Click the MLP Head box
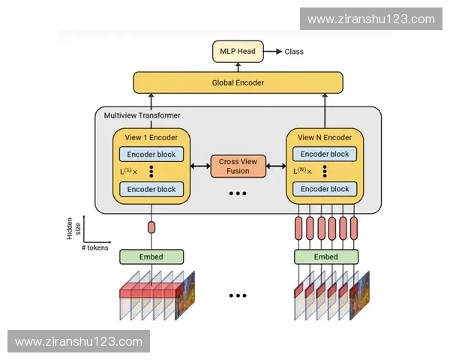coord(237,52)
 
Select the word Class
coord(294,52)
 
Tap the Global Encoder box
coord(238,82)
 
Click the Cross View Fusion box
coord(238,166)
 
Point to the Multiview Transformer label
coord(142,115)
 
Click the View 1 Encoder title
coord(151,137)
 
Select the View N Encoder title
coord(325,137)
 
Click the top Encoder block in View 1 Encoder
coord(151,154)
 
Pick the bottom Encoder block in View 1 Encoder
coord(151,189)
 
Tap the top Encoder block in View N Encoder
coord(325,154)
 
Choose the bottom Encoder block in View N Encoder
coord(325,189)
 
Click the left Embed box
coord(151,256)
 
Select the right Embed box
coord(325,256)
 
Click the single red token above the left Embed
coord(151,227)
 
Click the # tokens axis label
coord(94,247)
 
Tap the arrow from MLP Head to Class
coord(273,52)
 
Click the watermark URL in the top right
coord(370,19)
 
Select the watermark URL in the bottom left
coord(78,341)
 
